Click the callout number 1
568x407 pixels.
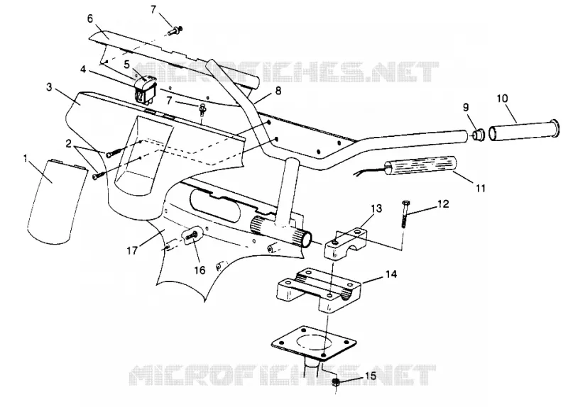point(26,157)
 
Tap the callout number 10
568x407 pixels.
point(503,99)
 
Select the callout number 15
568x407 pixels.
point(370,376)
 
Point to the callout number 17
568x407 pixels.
point(132,250)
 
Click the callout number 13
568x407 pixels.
point(376,208)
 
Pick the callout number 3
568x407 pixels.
point(50,87)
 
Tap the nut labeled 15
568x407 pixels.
point(336,382)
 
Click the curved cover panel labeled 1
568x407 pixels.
point(57,200)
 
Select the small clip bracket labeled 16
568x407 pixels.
point(192,235)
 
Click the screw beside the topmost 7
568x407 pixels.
point(176,30)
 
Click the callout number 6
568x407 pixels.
point(91,19)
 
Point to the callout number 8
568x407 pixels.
point(278,91)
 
